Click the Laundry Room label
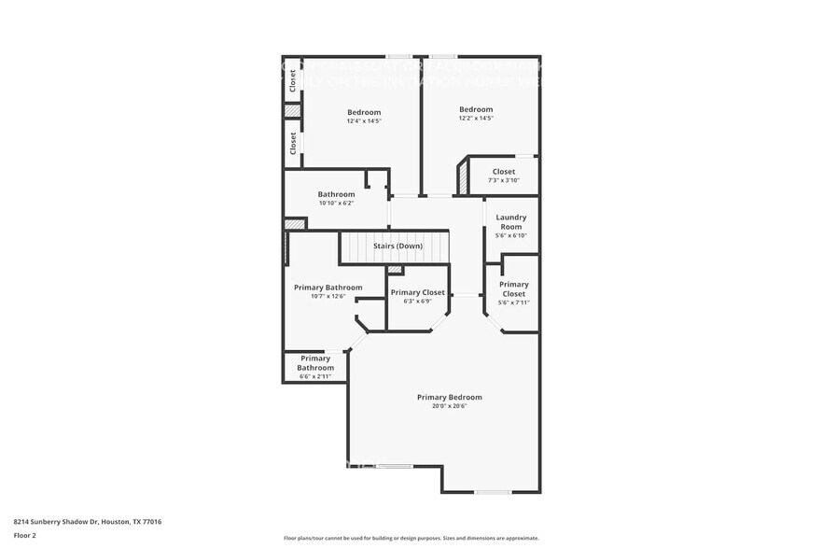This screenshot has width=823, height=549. (x=510, y=221)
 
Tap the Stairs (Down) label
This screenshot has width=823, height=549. (x=398, y=246)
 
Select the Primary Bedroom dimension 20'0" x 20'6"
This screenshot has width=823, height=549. (x=449, y=406)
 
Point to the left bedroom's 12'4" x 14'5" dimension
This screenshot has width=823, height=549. (x=364, y=120)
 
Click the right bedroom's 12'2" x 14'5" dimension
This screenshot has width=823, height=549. (x=475, y=118)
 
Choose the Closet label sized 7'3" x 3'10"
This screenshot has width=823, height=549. (x=503, y=172)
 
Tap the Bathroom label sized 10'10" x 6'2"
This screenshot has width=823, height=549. (x=336, y=194)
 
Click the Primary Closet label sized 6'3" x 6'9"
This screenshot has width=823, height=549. (x=417, y=292)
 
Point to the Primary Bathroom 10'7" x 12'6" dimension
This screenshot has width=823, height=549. (x=328, y=296)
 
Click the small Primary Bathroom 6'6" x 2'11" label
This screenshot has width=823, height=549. (x=315, y=362)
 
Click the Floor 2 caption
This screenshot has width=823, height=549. (x=24, y=535)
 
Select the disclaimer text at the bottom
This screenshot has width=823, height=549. (x=411, y=538)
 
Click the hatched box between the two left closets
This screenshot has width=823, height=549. (x=292, y=110)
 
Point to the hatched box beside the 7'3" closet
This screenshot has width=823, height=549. (x=462, y=177)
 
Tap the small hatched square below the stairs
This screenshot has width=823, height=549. (x=395, y=270)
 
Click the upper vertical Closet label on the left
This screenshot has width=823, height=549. (x=292, y=81)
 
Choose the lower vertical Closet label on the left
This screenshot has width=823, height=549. (x=292, y=143)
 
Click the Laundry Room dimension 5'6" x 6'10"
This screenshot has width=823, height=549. (x=510, y=235)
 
